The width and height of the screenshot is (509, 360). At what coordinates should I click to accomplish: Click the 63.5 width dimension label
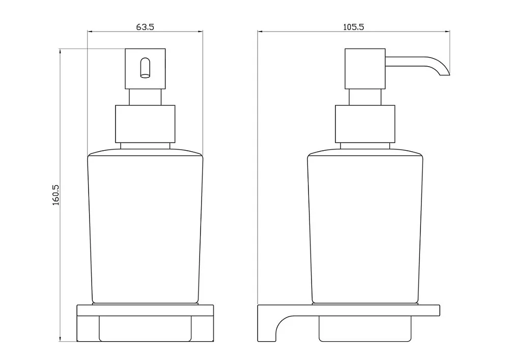point(145,27)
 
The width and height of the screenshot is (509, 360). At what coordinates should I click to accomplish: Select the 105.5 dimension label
point(354,27)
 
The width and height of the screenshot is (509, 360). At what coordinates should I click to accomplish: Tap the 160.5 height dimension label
point(56,195)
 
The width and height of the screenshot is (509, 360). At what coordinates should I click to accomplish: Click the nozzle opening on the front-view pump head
point(145,68)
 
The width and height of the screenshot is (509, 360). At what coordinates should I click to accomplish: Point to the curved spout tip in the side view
point(444,72)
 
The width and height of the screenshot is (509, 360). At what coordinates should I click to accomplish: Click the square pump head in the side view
point(365,69)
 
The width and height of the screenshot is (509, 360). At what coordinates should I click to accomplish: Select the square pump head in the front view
point(145,69)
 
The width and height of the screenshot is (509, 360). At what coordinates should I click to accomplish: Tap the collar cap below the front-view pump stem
point(145,124)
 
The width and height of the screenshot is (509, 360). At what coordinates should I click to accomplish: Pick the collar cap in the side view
point(365,124)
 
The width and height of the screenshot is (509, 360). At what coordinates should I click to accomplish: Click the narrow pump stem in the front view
point(145,97)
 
